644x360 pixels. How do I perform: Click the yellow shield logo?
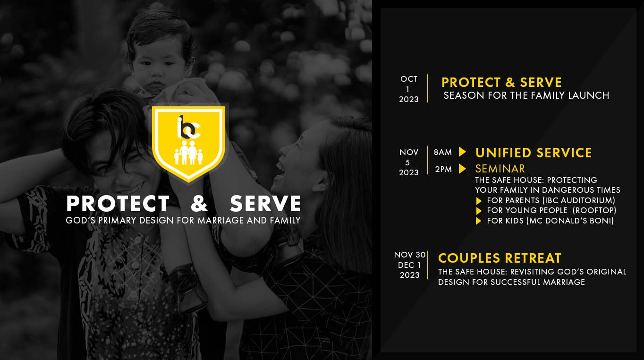[188, 143]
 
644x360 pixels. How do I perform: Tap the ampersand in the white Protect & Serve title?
[199, 204]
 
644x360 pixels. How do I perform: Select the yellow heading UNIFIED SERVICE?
[534, 153]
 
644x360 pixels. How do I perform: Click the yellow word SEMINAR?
[500, 169]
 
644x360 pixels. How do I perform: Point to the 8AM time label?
[443, 152]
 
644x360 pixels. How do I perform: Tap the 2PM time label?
[443, 169]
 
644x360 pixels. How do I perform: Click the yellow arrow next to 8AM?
[462, 152]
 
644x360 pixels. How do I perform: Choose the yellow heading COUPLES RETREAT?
[500, 258]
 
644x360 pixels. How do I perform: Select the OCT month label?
[409, 79]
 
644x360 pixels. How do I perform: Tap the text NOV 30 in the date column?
[410, 255]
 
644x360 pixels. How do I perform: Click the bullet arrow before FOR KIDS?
[478, 221]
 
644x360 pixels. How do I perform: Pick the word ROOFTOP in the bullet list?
[594, 210]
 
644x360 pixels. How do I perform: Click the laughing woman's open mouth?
[280, 169]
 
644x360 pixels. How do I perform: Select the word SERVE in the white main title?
[265, 204]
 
